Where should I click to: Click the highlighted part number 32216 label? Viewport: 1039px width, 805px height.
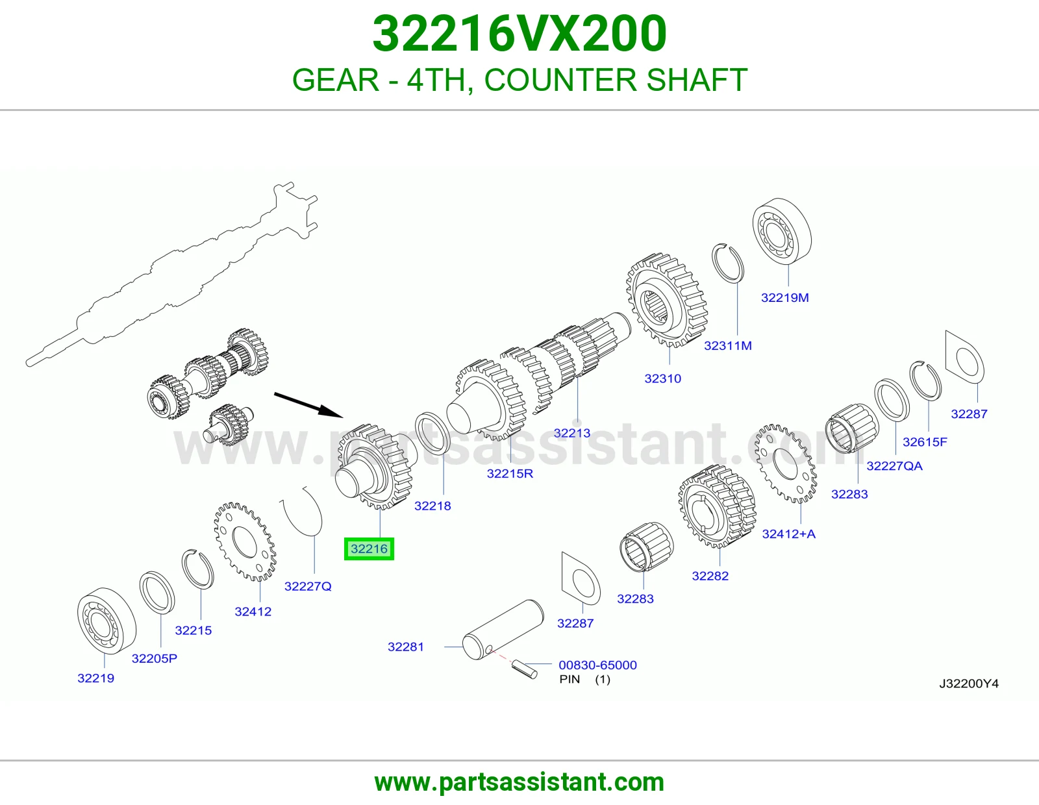[x=369, y=549]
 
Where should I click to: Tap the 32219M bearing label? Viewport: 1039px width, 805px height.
[x=784, y=297]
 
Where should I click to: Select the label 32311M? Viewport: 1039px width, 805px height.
[x=728, y=345]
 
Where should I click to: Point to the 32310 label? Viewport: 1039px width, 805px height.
[x=663, y=378]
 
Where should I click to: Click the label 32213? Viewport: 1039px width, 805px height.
[x=572, y=433]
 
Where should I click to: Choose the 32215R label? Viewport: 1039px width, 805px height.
[x=510, y=474]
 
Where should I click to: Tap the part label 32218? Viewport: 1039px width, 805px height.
[x=432, y=506]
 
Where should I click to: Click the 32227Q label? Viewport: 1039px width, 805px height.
[x=308, y=586]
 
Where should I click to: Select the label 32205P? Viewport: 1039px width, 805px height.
[x=155, y=659]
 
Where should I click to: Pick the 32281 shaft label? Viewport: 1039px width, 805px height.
[x=405, y=647]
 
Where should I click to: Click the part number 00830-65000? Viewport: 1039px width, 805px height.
[x=597, y=665]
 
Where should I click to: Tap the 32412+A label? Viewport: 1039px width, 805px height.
[x=788, y=534]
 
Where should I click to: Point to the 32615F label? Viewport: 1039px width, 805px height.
[x=925, y=442]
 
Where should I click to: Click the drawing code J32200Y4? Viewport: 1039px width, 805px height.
[x=969, y=684]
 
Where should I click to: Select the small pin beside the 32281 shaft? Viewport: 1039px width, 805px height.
[x=525, y=669]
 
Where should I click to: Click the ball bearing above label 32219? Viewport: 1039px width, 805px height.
[x=106, y=621]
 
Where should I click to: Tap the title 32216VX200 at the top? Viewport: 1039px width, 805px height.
[x=519, y=34]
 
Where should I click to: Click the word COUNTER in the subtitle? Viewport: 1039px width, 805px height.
[x=560, y=80]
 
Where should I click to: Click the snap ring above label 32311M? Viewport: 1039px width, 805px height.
[x=728, y=264]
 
